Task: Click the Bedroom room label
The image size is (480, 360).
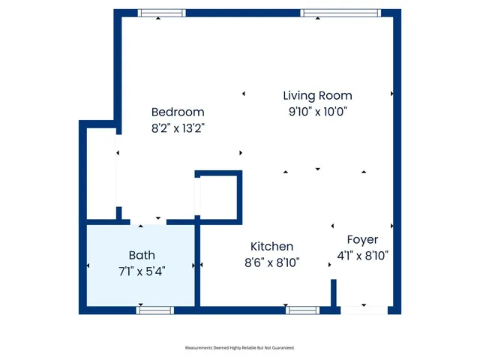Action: pyautogui.click(x=178, y=112)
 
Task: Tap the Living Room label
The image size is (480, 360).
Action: pyautogui.click(x=317, y=95)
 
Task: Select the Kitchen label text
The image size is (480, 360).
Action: pyautogui.click(x=271, y=246)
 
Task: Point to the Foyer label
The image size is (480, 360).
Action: pyautogui.click(x=362, y=239)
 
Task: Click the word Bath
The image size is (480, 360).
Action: pyautogui.click(x=142, y=254)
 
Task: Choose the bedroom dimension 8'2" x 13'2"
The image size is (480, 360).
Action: pyautogui.click(x=178, y=127)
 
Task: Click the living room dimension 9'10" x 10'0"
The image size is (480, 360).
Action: pyautogui.click(x=317, y=112)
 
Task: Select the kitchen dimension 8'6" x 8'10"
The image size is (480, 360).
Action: pyautogui.click(x=271, y=262)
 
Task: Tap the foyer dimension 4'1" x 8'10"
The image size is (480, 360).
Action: pyautogui.click(x=362, y=255)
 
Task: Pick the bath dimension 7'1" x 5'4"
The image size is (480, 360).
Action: pyautogui.click(x=142, y=270)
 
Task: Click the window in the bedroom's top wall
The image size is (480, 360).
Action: pyautogui.click(x=161, y=13)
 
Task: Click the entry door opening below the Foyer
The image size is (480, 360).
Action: pyautogui.click(x=363, y=310)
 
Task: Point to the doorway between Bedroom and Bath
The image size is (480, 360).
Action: pyautogui.click(x=148, y=222)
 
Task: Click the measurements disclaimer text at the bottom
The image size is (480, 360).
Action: pyautogui.click(x=240, y=348)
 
